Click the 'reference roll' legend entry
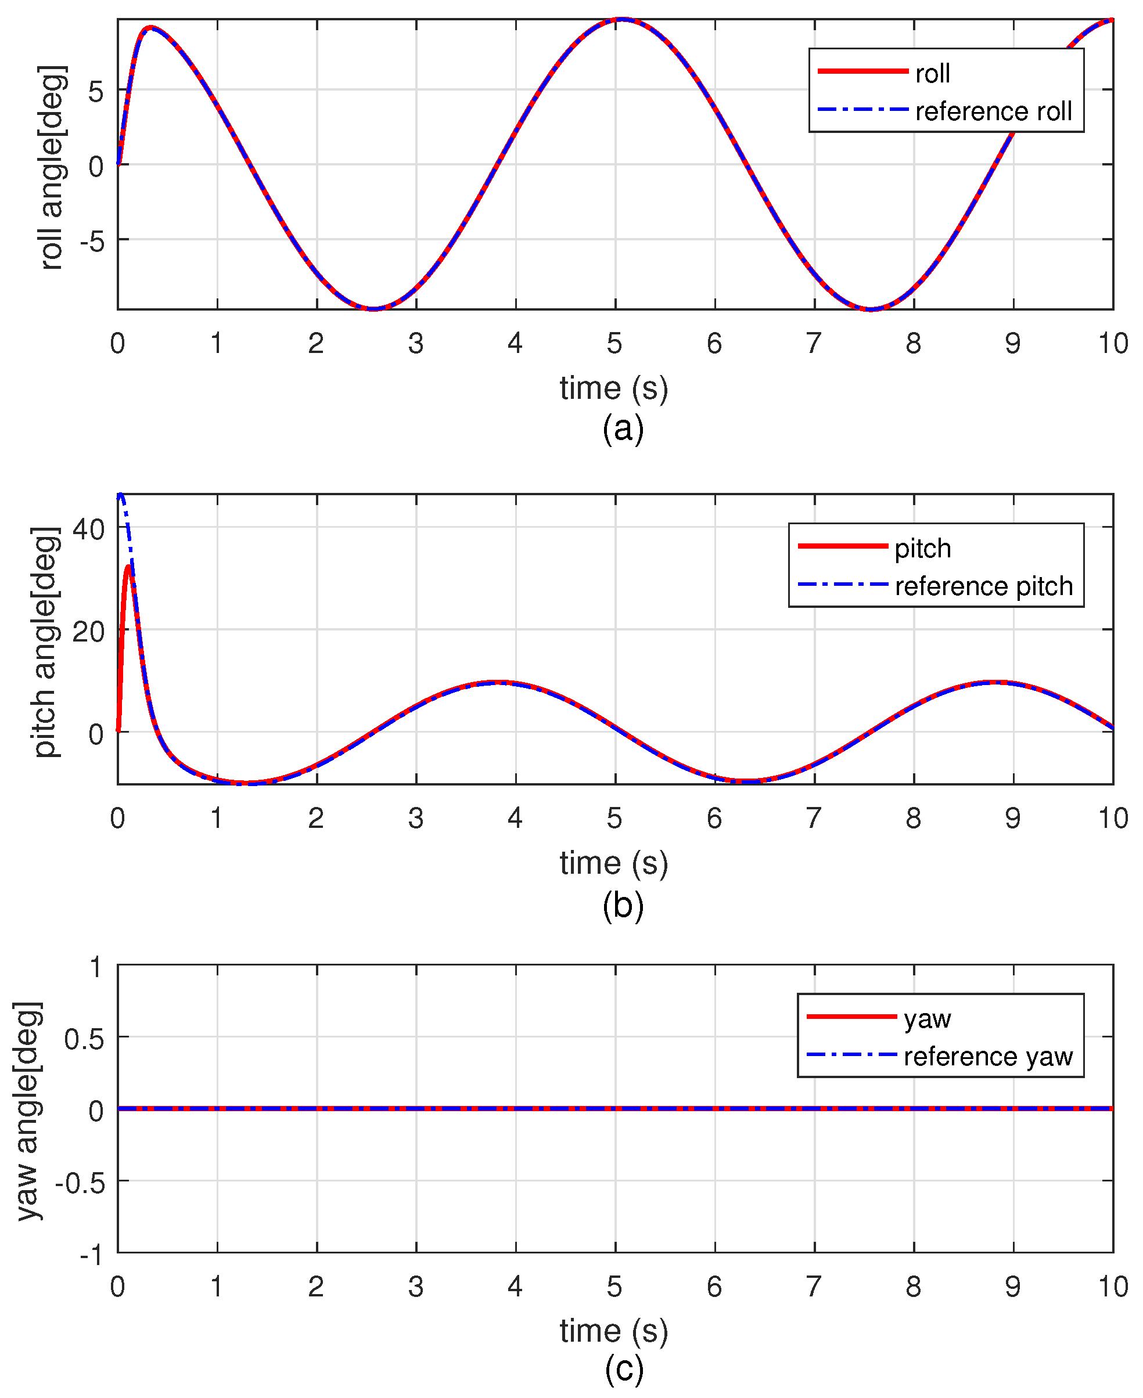[993, 111]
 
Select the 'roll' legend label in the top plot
[932, 74]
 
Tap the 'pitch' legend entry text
[922, 548]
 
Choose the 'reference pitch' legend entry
[984, 586]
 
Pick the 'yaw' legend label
[927, 1018]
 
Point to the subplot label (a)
[622, 428]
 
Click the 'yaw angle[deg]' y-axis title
[28, 1112]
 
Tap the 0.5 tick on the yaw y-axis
[84, 1040]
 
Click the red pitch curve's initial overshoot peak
[128, 566]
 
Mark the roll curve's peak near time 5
[621, 20]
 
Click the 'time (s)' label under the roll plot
[614, 388]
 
